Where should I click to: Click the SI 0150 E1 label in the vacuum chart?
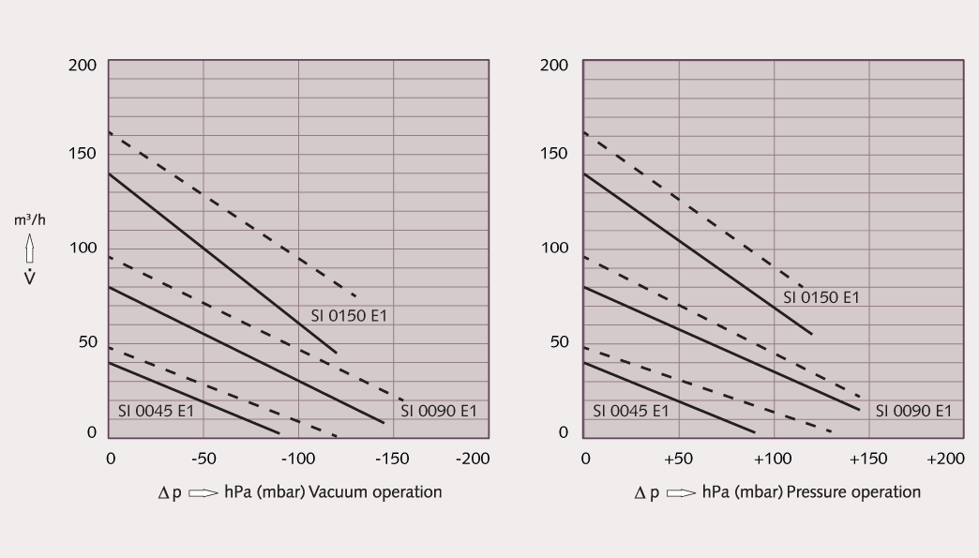349,316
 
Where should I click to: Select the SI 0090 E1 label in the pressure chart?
913,411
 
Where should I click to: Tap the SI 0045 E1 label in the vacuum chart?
156,411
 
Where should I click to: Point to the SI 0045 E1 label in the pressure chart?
630,411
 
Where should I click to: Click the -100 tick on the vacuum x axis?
297,458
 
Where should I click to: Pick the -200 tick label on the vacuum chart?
471,458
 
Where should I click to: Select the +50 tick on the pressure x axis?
679,458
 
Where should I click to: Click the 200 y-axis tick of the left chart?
82,65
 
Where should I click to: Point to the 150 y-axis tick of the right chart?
554,153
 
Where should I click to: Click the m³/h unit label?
29,220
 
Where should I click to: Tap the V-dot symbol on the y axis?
29,278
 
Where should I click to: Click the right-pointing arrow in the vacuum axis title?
203,492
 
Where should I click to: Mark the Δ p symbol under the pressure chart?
645,492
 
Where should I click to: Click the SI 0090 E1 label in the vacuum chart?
439,411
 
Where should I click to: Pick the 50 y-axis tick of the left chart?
85,341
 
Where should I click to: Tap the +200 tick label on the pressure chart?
944,458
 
